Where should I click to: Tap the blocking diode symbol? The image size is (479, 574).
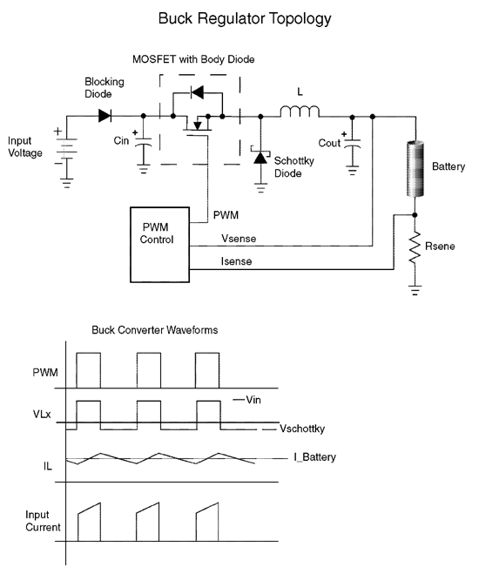tap(105, 116)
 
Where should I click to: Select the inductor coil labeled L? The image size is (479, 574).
tap(300, 111)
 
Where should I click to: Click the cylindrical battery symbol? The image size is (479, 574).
tap(415, 169)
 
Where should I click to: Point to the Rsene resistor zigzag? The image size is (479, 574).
tap(415, 246)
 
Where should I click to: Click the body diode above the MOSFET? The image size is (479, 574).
tap(198, 92)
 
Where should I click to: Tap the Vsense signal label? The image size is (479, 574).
tap(239, 239)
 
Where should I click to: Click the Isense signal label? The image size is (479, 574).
tap(236, 261)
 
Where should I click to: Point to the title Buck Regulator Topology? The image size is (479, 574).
tap(245, 18)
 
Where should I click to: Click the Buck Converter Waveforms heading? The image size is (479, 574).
tap(155, 330)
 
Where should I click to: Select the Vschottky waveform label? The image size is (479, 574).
tap(302, 429)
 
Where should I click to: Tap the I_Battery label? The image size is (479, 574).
tap(314, 457)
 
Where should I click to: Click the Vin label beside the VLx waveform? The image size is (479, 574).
tap(253, 400)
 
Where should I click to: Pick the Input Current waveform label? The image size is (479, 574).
tap(43, 521)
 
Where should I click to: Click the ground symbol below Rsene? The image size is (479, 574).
tap(415, 290)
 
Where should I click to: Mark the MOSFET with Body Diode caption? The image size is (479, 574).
tap(193, 59)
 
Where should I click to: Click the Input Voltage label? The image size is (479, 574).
tap(25, 147)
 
